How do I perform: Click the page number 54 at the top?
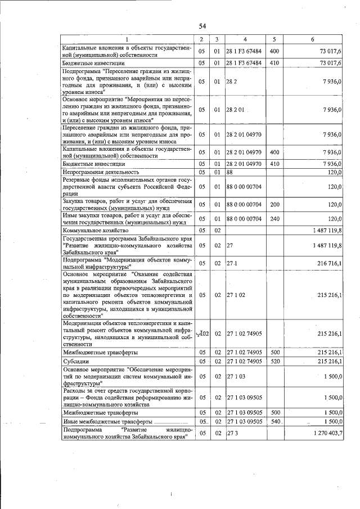[202, 26]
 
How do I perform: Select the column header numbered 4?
[246, 39]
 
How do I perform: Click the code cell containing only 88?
[230, 172]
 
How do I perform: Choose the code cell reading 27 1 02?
[236, 294]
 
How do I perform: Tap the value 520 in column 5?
[275, 361]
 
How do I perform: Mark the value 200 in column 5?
[275, 202]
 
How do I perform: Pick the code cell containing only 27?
[230, 245]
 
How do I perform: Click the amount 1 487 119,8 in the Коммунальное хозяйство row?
[323, 230]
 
